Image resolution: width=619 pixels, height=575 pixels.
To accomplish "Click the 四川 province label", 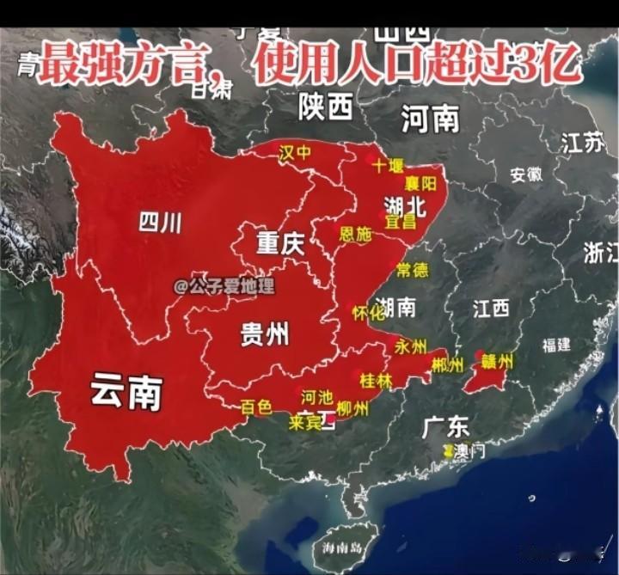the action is click(160, 223).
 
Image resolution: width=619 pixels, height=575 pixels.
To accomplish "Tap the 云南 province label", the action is click(126, 392).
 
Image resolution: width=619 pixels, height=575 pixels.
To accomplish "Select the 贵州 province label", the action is click(264, 333).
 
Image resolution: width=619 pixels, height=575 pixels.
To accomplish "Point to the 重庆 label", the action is click(280, 245).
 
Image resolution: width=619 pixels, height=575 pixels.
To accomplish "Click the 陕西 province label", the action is click(326, 107).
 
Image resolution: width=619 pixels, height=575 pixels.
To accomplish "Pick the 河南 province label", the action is click(430, 119).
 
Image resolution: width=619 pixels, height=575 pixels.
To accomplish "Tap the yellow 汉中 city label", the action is click(295, 152).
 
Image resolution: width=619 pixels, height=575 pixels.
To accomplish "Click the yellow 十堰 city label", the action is click(389, 165).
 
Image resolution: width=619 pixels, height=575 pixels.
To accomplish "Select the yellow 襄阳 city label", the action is click(421, 183).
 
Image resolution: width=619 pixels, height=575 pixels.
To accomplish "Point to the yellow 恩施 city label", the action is click(355, 234).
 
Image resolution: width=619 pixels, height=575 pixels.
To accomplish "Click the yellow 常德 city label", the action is click(412, 270).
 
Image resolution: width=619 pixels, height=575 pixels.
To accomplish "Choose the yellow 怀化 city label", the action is click(369, 314).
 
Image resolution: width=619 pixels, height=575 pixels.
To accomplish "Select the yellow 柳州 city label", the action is click(352, 409).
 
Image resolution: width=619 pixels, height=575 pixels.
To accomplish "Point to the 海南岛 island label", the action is click(339, 548).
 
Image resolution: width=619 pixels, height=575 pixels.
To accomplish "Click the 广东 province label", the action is click(445, 425).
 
